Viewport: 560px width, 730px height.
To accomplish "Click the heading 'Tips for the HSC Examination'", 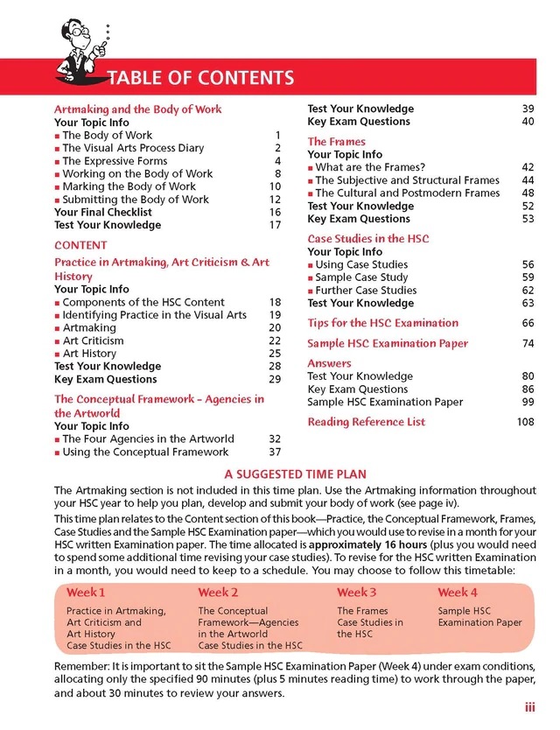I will click(x=382, y=323).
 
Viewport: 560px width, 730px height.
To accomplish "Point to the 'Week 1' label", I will click(x=86, y=593).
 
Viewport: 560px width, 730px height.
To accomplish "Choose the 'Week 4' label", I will click(x=458, y=593).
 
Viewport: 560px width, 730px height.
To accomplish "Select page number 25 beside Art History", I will click(x=274, y=354).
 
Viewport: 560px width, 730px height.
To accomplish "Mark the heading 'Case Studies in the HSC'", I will click(x=367, y=238).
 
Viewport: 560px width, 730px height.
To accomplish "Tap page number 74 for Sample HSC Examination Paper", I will click(x=528, y=344).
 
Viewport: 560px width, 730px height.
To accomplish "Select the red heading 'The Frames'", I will click(x=336, y=141).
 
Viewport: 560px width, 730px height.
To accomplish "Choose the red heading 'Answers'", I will click(x=329, y=363).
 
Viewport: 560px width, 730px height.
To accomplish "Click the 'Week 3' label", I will click(x=357, y=593).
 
